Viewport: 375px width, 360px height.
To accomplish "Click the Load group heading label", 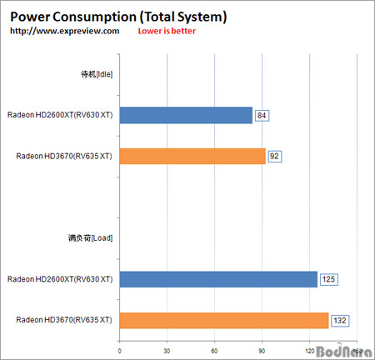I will [x=92, y=237].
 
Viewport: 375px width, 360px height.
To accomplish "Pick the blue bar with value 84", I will [x=186, y=115].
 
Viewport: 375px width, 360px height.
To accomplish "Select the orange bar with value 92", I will [x=192, y=156].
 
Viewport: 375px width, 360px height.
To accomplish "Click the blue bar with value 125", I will [x=218, y=279].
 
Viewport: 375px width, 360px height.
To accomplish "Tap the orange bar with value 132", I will [x=224, y=320].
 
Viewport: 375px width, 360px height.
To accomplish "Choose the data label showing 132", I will [x=339, y=320].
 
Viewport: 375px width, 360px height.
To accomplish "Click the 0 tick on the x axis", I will [x=121, y=350].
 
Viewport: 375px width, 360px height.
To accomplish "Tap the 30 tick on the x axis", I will [x=168, y=350].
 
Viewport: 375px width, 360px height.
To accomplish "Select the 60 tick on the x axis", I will [x=215, y=350].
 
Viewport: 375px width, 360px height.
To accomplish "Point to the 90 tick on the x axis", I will [x=262, y=350].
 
